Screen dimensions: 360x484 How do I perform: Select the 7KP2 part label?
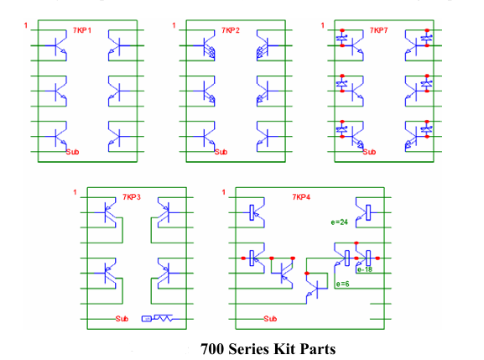pos(231,30)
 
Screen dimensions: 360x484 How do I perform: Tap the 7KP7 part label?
pos(379,30)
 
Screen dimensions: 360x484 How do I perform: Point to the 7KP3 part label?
pos(132,197)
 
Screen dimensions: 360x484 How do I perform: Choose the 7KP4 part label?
pos(301,197)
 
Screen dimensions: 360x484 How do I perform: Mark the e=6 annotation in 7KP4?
pos(342,284)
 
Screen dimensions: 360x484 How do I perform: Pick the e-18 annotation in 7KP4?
pos(365,269)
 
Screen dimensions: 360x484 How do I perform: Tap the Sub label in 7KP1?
pos(72,152)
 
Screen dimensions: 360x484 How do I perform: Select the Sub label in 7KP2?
pos(221,152)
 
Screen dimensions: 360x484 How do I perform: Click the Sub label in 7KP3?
pos(122,319)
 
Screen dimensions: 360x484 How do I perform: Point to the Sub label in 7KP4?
pos(270,319)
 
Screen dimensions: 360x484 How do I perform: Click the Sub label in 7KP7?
pos(370,152)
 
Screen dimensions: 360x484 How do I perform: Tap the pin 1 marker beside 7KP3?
pos(74,194)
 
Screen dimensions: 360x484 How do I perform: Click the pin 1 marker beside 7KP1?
pos(26,27)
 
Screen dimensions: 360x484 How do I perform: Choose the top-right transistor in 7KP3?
pos(166,212)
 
